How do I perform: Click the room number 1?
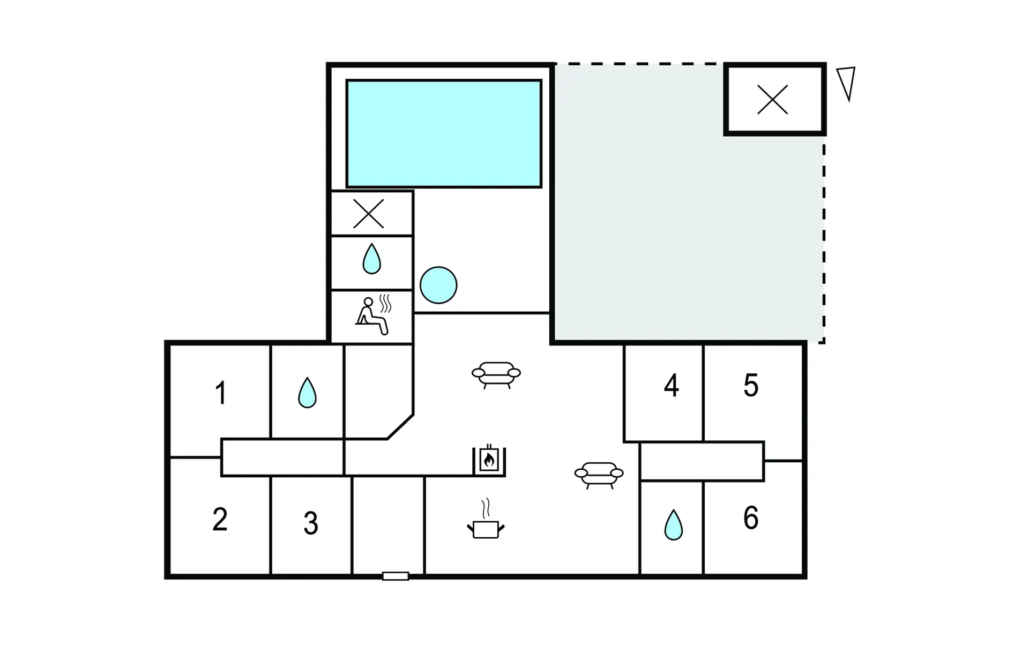[x=220, y=393]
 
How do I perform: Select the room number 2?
[x=220, y=519]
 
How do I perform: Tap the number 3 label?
[x=311, y=523]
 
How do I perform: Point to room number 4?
[x=672, y=385]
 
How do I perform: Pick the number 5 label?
[x=751, y=385]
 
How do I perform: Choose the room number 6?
[x=751, y=517]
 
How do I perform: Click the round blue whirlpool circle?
[x=438, y=285]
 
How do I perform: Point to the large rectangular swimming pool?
[x=444, y=134]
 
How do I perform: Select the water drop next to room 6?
[x=673, y=525]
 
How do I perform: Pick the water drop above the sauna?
[x=371, y=259]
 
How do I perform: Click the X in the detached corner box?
[x=772, y=100]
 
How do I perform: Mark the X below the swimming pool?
[x=369, y=213]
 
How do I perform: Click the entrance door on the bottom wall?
[x=396, y=576]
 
